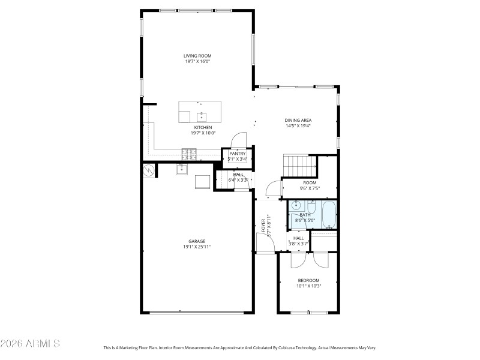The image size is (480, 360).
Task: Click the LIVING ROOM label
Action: [x=197, y=56]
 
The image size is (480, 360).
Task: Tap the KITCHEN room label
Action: [x=202, y=127]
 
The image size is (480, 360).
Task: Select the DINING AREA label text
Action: [x=298, y=120]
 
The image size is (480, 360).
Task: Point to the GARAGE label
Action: [x=197, y=241]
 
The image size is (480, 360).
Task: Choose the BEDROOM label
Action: [x=308, y=280]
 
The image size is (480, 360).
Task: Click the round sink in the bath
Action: [x=295, y=205]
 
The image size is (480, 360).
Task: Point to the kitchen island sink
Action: [x=202, y=115]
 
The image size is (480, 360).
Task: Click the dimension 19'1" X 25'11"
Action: [x=197, y=247]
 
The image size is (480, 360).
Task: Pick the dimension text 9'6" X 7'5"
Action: [x=310, y=188]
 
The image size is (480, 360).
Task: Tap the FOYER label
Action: [x=263, y=225]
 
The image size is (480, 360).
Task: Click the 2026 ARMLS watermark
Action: [x=30, y=344]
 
